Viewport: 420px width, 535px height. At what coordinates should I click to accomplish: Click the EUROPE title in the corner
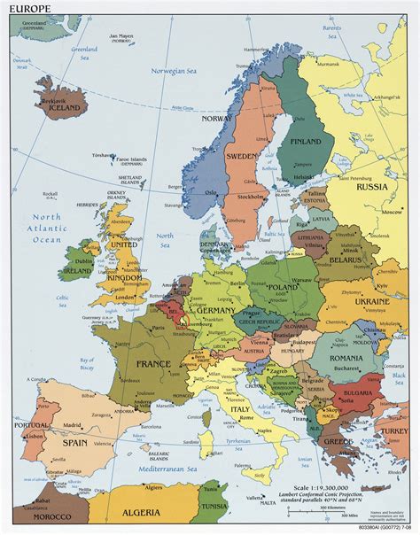pyautogui.click(x=27, y=8)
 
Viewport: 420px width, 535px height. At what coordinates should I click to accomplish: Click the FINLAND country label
pyautogui.click(x=306, y=141)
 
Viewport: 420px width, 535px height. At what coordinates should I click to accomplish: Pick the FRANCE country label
pyautogui.click(x=153, y=363)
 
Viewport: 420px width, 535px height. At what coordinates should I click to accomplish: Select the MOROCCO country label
pyautogui.click(x=42, y=516)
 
